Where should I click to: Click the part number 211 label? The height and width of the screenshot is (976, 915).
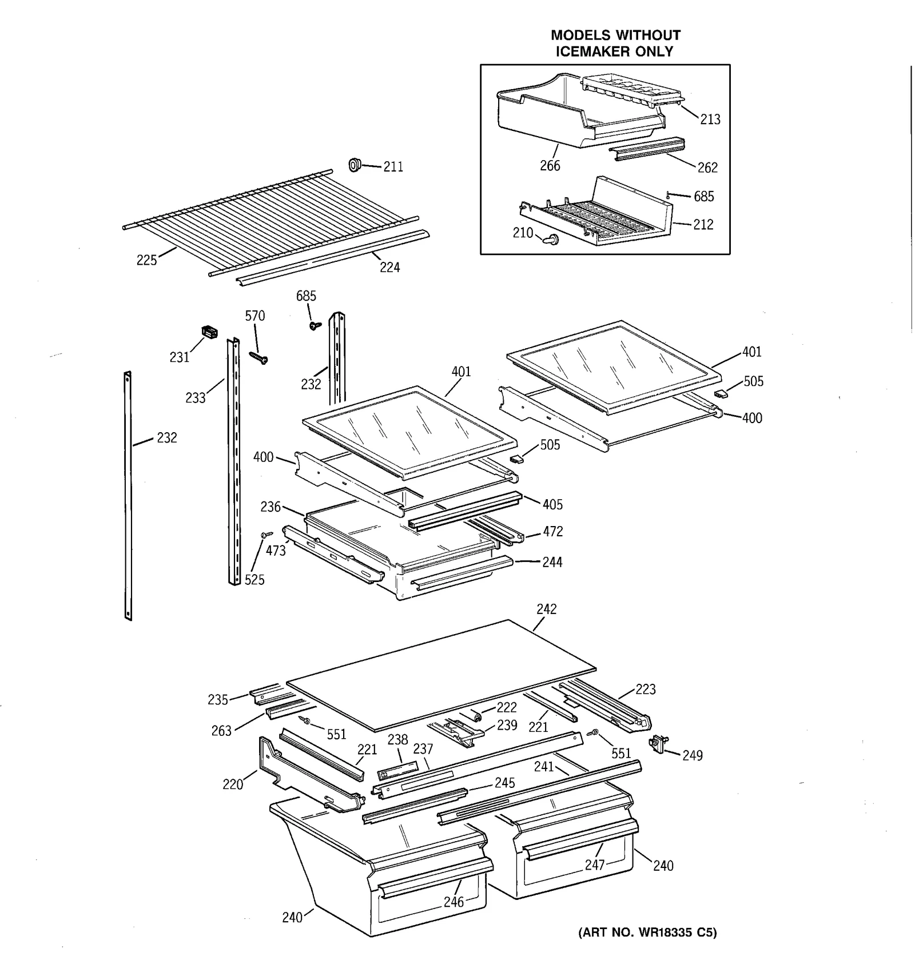coord(393,167)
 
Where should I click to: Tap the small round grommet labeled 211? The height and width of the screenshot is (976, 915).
coord(354,166)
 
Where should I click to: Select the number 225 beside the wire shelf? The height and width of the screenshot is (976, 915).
coord(146,260)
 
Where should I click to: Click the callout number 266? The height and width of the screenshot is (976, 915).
coord(550,166)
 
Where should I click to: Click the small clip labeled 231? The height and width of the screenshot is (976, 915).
coord(210,332)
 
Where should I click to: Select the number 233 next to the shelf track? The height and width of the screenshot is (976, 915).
coord(195,398)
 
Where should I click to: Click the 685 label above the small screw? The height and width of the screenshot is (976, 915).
coord(306,296)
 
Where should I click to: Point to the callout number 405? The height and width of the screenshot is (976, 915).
coord(552,505)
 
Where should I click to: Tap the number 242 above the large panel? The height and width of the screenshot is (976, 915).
coord(546,609)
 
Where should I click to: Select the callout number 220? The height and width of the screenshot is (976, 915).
coord(233,784)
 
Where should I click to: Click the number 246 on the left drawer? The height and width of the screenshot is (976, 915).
coord(454,902)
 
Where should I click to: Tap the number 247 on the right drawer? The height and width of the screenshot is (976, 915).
coord(595,865)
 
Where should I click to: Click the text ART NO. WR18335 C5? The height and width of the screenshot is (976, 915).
coord(647,933)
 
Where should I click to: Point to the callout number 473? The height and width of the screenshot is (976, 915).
coord(276,551)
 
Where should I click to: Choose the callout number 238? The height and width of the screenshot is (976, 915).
coord(397,740)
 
